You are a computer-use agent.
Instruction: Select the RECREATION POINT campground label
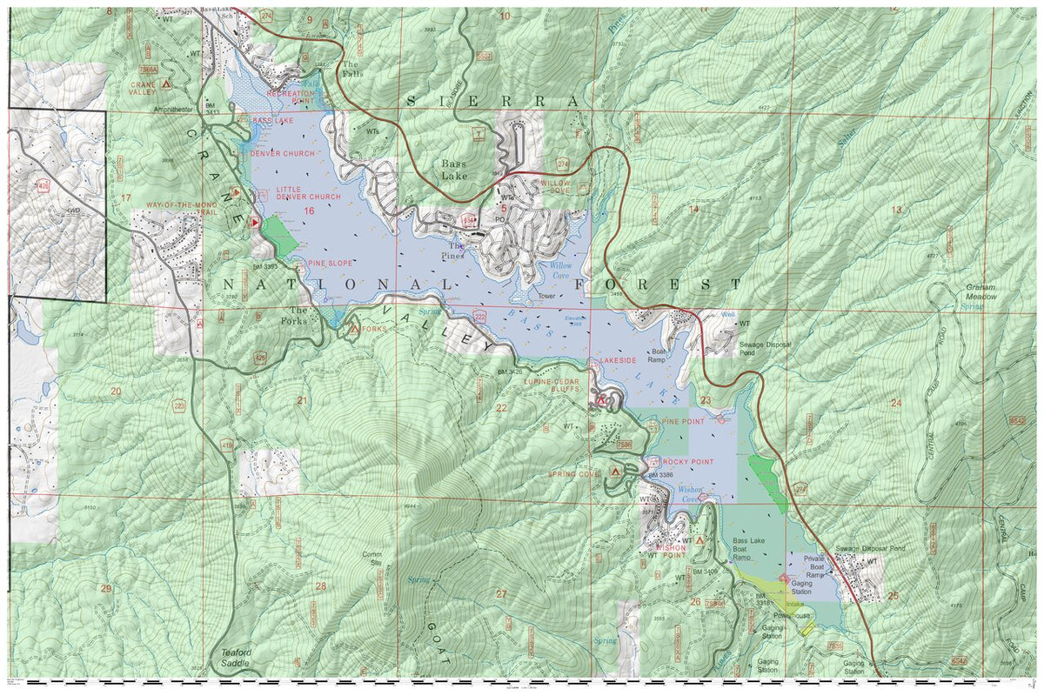point(290,97)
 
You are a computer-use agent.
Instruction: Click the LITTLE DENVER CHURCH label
point(308,192)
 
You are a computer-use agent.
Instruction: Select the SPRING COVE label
point(574,474)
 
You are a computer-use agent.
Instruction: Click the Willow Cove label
point(554,271)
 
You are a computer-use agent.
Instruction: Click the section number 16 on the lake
point(307,211)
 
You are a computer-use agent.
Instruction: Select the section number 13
point(896,209)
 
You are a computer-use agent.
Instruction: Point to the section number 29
point(105,589)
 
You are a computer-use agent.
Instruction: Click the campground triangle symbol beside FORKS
point(354,329)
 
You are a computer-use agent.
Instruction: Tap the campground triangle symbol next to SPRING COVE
point(616,470)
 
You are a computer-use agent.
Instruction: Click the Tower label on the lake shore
point(545,296)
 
